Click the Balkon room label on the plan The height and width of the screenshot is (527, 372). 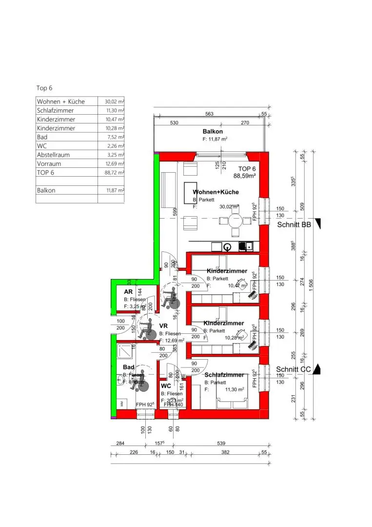point(213,132)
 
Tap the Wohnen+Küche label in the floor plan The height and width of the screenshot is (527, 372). point(216,192)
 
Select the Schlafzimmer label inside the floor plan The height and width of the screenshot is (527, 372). point(224,375)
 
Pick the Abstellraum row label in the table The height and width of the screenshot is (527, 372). point(53,155)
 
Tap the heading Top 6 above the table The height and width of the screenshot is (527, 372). point(44,88)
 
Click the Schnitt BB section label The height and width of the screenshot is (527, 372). point(294,225)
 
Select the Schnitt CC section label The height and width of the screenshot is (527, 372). point(294,369)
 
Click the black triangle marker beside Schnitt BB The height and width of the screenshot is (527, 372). point(319,223)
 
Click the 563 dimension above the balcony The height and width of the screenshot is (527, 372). point(210,114)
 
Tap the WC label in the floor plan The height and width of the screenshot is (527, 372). point(166,386)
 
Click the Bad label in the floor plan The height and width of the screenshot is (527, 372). point(129,367)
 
